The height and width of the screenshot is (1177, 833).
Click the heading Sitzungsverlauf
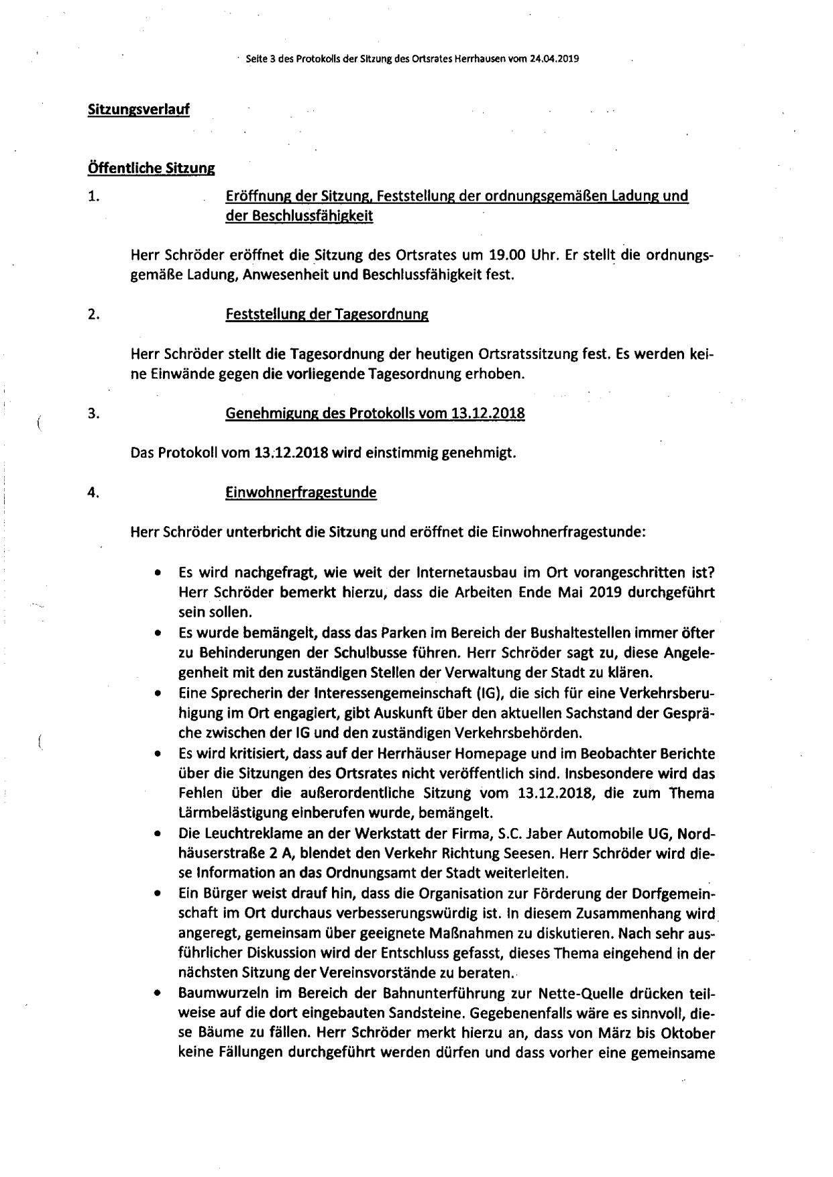coord(138,109)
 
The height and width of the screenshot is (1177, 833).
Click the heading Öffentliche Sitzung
coord(151,168)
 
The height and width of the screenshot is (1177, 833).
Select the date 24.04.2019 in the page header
coord(554,58)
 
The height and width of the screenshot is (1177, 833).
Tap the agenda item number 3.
coord(93,413)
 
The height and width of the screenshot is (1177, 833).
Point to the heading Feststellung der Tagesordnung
coord(327,315)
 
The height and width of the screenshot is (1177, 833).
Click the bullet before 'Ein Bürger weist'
coord(157,894)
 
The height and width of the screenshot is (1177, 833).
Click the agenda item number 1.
coord(93,197)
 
